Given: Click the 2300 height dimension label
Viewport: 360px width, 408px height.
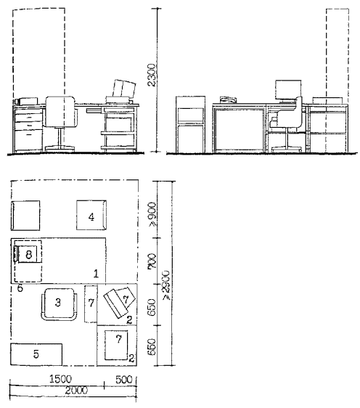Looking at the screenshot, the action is tap(152, 75).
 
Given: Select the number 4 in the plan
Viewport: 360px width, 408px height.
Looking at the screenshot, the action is tap(91, 217).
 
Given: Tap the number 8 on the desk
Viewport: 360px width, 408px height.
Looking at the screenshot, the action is tap(28, 254).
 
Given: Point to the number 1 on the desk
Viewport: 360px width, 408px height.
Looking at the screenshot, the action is tap(96, 274).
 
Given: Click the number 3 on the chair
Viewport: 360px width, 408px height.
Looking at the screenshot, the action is tap(58, 302).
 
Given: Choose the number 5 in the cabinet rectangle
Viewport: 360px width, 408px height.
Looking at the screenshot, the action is tap(20, 288).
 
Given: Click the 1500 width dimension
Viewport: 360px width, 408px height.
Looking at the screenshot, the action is tap(60, 380).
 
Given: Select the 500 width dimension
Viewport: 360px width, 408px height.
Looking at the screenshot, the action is tap(124, 380).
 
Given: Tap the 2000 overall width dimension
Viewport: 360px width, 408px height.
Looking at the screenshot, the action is tap(76, 391).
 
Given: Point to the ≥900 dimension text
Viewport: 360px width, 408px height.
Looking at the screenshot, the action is tap(152, 214).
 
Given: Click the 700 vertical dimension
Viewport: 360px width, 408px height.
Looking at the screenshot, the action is tap(152, 261).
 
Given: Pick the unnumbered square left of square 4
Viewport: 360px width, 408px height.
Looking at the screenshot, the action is tap(25, 216).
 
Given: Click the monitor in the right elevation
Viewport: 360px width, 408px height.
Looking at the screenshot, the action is tap(288, 90).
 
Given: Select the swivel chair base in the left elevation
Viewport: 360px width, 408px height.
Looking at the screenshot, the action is tap(60, 149).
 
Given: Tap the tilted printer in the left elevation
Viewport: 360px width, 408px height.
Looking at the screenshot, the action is tap(125, 89).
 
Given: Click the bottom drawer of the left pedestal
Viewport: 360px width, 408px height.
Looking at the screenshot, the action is tap(28, 141).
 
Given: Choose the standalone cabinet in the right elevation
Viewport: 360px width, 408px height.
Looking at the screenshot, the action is tap(190, 124).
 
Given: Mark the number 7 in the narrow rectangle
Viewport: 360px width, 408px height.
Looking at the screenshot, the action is tap(91, 303).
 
